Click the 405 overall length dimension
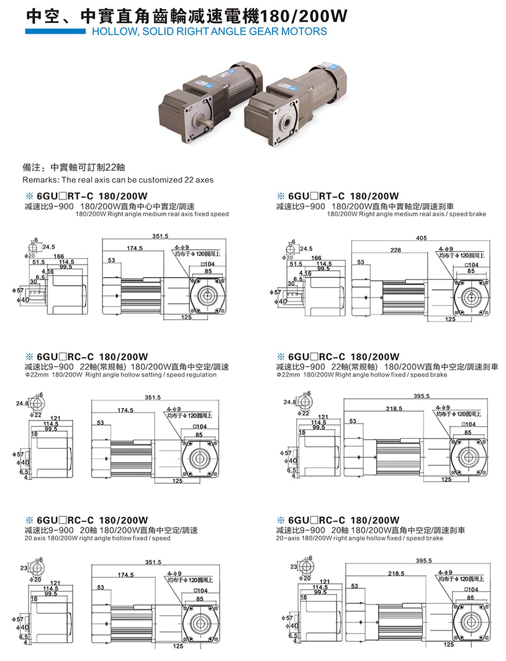(x=421, y=237)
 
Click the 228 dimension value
(x=395, y=250)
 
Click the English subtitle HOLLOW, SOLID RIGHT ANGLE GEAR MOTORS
(x=209, y=31)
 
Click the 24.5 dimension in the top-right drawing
(x=306, y=248)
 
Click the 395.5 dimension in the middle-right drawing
(x=422, y=397)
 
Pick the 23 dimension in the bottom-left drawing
(x=24, y=568)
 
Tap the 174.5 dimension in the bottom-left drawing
(x=125, y=575)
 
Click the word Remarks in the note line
(x=38, y=180)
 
